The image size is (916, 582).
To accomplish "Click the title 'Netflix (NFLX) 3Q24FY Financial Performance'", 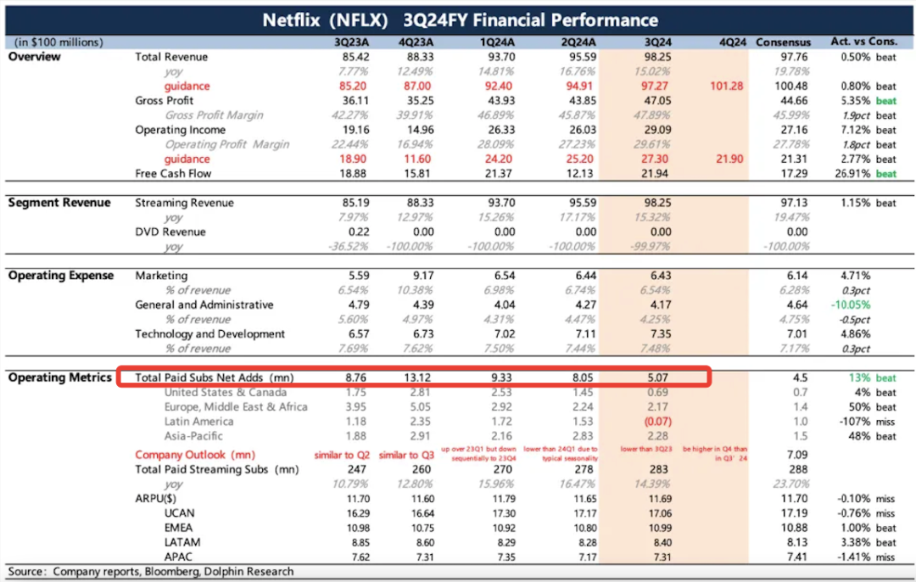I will pyautogui.click(x=460, y=20).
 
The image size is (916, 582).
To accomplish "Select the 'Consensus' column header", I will pyautogui.click(x=783, y=42).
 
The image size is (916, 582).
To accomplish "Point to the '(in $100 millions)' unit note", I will pyautogui.click(x=59, y=42).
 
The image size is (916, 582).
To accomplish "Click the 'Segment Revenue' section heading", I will pyautogui.click(x=59, y=203).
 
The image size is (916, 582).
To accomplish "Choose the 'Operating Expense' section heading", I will pyautogui.click(x=61, y=276).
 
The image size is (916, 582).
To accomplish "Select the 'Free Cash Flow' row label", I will pyautogui.click(x=173, y=173).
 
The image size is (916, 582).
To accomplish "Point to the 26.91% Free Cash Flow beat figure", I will pyautogui.click(x=848, y=173).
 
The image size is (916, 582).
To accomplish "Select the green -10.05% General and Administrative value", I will pyautogui.click(x=849, y=305).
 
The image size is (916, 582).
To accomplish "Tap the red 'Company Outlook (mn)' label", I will pyautogui.click(x=194, y=455).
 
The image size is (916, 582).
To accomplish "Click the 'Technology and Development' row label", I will pyautogui.click(x=210, y=334).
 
